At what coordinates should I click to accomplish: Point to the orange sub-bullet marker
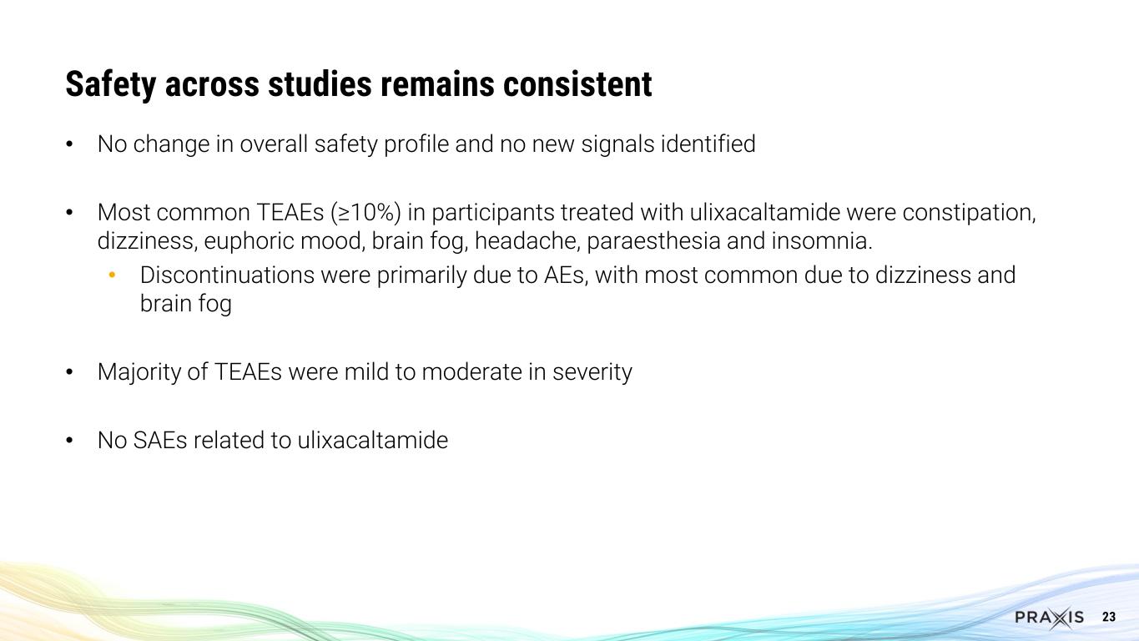point(113,275)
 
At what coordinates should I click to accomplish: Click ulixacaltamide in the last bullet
point(372,440)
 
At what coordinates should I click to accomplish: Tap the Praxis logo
point(1049,618)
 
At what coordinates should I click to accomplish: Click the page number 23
point(1109,618)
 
